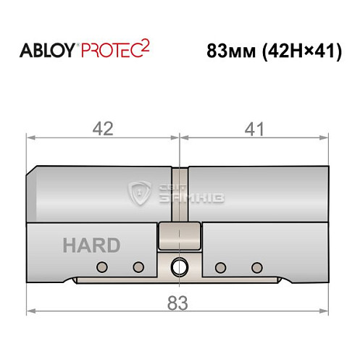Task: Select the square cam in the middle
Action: pyautogui.click(x=178, y=235)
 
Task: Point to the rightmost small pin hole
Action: pyautogui.click(x=254, y=266)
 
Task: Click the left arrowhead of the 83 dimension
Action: pyautogui.click(x=30, y=313)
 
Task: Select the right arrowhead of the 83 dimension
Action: pyautogui.click(x=327, y=313)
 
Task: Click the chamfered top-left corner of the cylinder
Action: pyautogui.click(x=32, y=173)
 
